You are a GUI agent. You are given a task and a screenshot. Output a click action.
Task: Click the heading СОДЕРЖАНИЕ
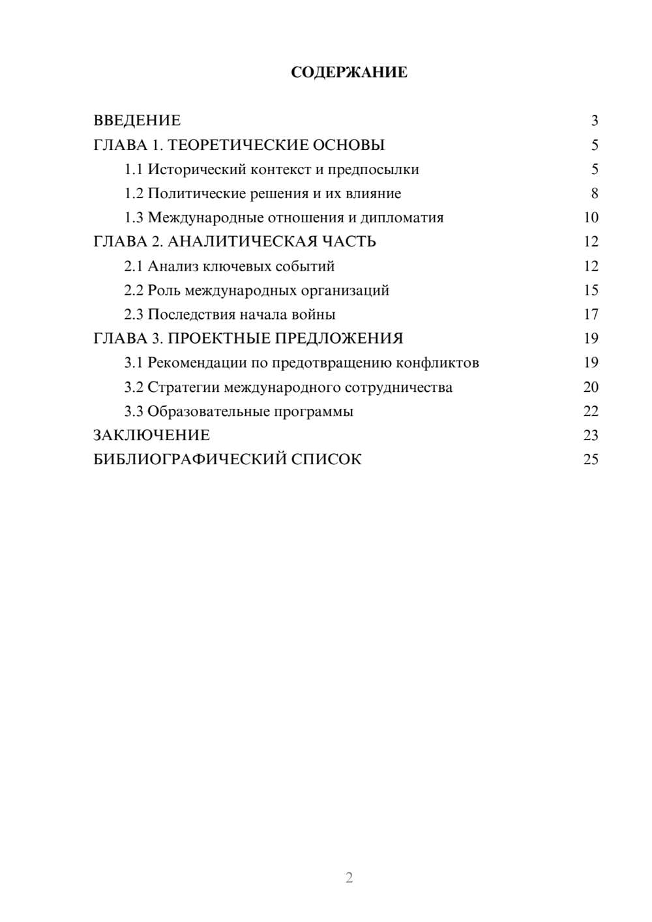349,72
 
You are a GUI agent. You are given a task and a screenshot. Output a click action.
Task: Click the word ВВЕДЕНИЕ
137,121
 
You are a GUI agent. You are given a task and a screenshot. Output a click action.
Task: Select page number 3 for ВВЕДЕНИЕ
594,121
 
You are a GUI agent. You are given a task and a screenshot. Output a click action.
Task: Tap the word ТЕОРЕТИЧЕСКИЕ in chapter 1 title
232,145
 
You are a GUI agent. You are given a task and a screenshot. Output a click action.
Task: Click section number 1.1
134,170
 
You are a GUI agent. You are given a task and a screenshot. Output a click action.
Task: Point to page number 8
594,194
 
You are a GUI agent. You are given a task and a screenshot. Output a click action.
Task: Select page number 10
591,218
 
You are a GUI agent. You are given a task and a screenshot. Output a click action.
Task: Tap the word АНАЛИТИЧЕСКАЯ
240,242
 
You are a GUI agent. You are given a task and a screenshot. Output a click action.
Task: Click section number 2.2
134,290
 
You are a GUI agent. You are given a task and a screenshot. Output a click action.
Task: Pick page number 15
591,290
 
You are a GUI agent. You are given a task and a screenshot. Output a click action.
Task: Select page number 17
591,314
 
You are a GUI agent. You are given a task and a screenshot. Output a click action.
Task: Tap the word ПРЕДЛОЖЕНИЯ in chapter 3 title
339,338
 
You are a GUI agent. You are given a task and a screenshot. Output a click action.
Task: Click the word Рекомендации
197,363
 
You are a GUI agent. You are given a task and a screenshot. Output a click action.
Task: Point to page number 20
591,387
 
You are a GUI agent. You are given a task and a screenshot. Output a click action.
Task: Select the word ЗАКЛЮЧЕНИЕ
151,435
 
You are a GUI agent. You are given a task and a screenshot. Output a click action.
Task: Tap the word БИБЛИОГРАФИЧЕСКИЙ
190,459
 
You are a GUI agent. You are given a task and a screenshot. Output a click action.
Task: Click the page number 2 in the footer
349,878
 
